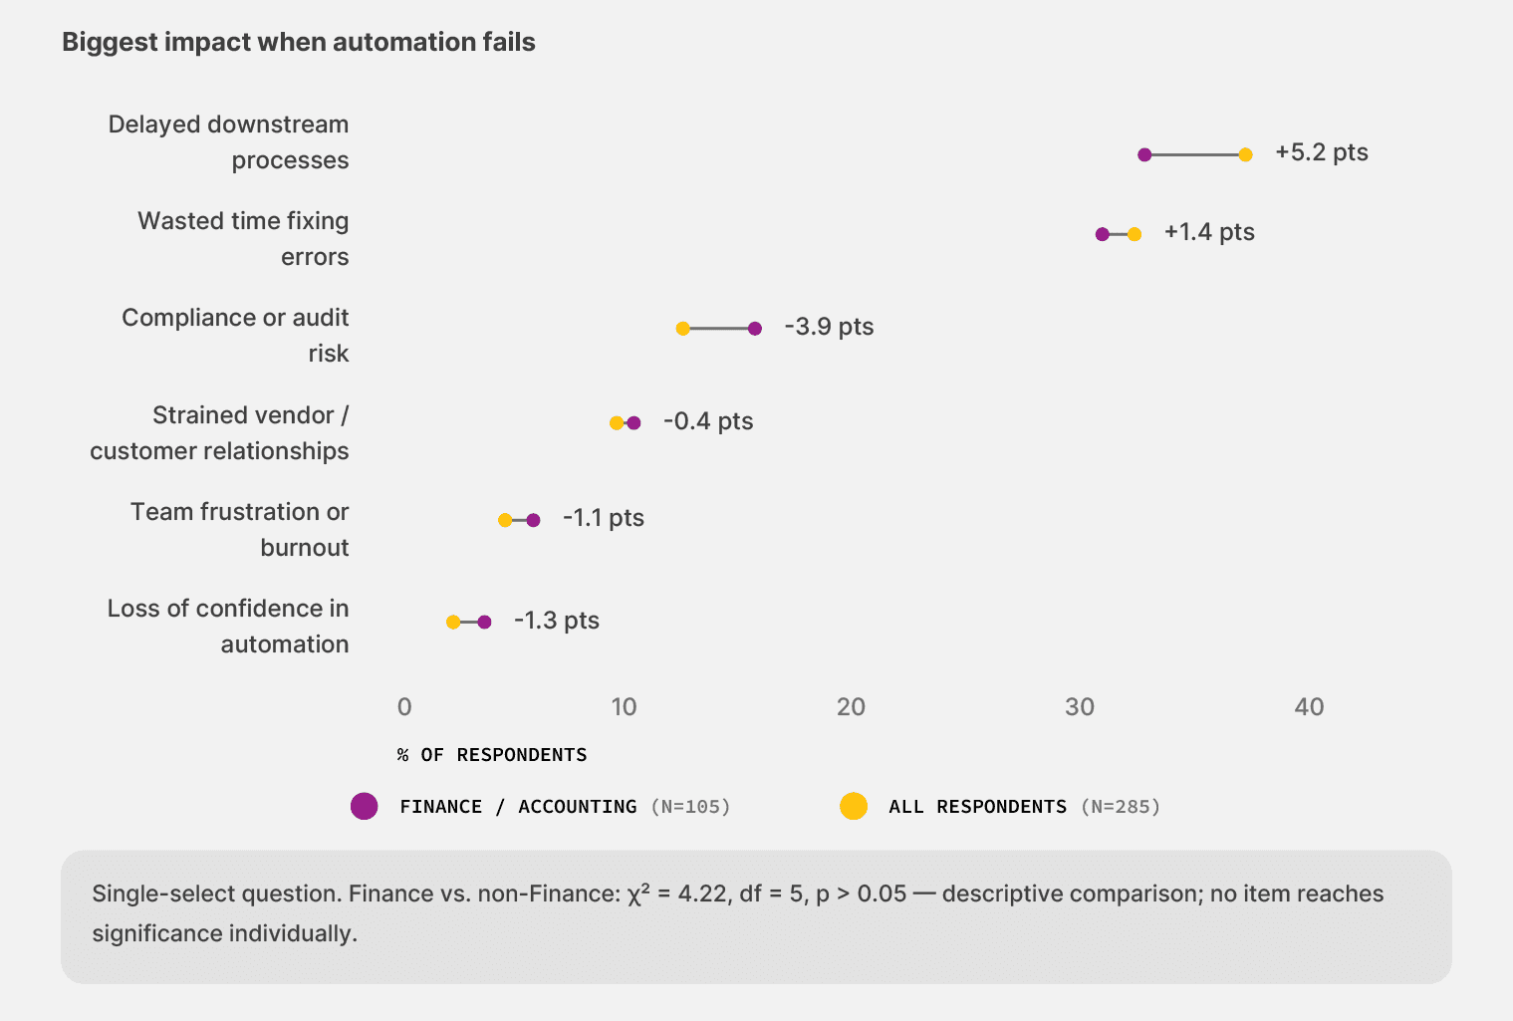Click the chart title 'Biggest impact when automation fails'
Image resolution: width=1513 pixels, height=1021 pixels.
pyautogui.click(x=299, y=42)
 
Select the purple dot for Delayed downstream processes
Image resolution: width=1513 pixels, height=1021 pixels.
pyautogui.click(x=1144, y=154)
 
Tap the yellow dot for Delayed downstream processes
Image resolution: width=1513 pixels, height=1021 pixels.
pyautogui.click(x=1245, y=154)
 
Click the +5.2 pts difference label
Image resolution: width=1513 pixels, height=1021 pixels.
pyautogui.click(x=1321, y=152)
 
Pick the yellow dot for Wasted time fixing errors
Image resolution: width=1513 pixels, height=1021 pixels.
pyautogui.click(x=1135, y=234)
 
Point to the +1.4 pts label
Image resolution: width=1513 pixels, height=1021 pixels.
pyautogui.click(x=1209, y=232)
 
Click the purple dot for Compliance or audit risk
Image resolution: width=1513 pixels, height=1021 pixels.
pyautogui.click(x=754, y=328)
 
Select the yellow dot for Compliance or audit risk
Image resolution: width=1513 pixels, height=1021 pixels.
pyautogui.click(x=683, y=328)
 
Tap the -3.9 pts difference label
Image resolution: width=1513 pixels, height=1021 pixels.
pyautogui.click(x=829, y=327)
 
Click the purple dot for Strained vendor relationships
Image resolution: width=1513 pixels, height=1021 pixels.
pyautogui.click(x=633, y=422)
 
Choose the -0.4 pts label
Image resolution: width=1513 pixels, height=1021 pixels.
pyautogui.click(x=708, y=421)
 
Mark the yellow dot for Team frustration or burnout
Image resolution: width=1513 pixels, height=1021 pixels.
pyautogui.click(x=505, y=520)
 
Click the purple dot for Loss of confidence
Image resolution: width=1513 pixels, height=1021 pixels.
pyautogui.click(x=484, y=622)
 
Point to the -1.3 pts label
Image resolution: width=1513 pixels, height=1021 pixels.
pyautogui.click(x=557, y=621)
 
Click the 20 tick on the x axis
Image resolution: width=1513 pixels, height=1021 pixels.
pyautogui.click(x=851, y=707)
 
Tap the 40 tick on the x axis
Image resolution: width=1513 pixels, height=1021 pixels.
pyautogui.click(x=1309, y=707)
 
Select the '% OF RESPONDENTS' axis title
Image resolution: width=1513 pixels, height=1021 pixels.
pyautogui.click(x=492, y=754)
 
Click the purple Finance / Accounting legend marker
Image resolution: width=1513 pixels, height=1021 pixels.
pyautogui.click(x=365, y=806)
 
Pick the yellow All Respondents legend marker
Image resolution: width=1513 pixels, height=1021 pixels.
pyautogui.click(x=853, y=806)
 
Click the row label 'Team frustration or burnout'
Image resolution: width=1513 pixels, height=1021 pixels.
pyautogui.click(x=239, y=529)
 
